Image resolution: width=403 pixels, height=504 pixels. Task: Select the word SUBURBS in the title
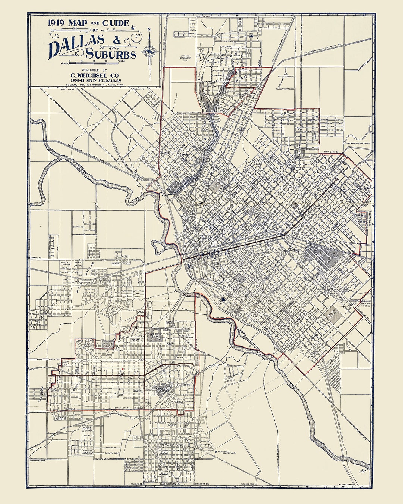[111, 55]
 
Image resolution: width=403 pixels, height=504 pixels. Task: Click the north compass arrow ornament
[150, 49]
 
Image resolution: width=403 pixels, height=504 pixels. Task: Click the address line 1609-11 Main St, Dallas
[95, 81]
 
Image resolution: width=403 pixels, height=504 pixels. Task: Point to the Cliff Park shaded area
[154, 335]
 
